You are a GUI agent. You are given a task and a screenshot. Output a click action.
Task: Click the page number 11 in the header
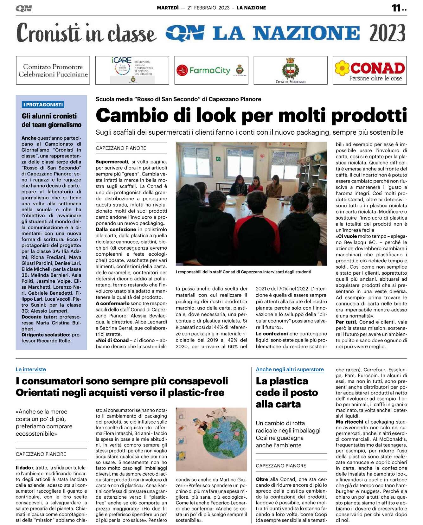pyautogui.click(x=396, y=8)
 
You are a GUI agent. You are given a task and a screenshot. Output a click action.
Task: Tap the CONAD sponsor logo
pyautogui.click(x=370, y=70)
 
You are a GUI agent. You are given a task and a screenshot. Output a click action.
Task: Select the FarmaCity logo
pyautogui.click(x=210, y=70)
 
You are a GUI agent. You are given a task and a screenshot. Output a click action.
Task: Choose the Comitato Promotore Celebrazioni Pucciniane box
pyautogui.click(x=53, y=70)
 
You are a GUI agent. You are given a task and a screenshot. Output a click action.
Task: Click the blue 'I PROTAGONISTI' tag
pyautogui.click(x=43, y=105)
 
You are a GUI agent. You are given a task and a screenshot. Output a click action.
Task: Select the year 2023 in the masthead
pyautogui.click(x=387, y=33)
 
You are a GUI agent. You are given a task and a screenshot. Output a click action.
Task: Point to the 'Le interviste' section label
pyautogui.click(x=31, y=369)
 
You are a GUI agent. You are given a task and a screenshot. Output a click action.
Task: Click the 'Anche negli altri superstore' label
pyautogui.click(x=290, y=369)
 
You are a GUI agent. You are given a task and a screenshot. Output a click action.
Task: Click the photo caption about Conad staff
pyautogui.click(x=243, y=272)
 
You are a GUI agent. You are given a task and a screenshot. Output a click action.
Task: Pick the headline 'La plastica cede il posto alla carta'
pyautogui.click(x=286, y=393)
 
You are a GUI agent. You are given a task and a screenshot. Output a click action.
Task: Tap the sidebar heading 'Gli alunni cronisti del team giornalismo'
pyautogui.click(x=51, y=120)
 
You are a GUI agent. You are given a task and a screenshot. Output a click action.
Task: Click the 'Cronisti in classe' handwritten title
pyautogui.click(x=86, y=33)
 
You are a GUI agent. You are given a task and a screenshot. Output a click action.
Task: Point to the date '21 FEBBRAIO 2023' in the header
pyautogui.click(x=208, y=8)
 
